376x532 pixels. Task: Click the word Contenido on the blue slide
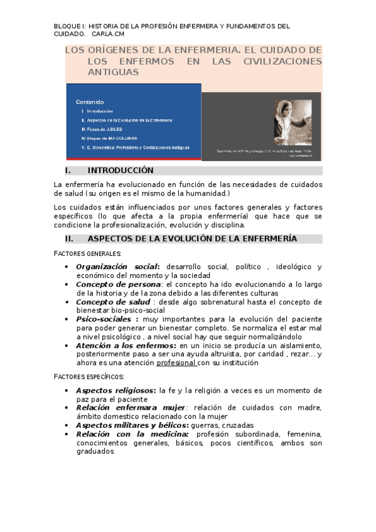[x=90, y=102]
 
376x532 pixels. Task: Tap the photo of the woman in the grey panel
[x=293, y=123]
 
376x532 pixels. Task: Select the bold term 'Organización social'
[x=117, y=267]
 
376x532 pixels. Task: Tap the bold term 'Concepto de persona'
[x=117, y=284]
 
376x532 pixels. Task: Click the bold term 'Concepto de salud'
[x=113, y=302]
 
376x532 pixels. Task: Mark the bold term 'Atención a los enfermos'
[x=126, y=346]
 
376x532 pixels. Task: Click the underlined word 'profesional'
[x=176, y=363]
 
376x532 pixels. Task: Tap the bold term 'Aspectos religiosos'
[x=115, y=390]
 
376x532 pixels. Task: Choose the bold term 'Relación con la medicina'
[x=132, y=434]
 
